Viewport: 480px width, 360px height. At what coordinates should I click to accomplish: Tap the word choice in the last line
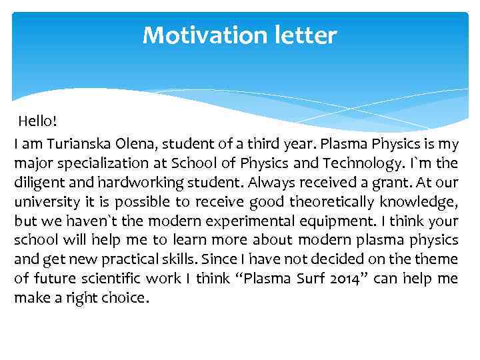125,298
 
